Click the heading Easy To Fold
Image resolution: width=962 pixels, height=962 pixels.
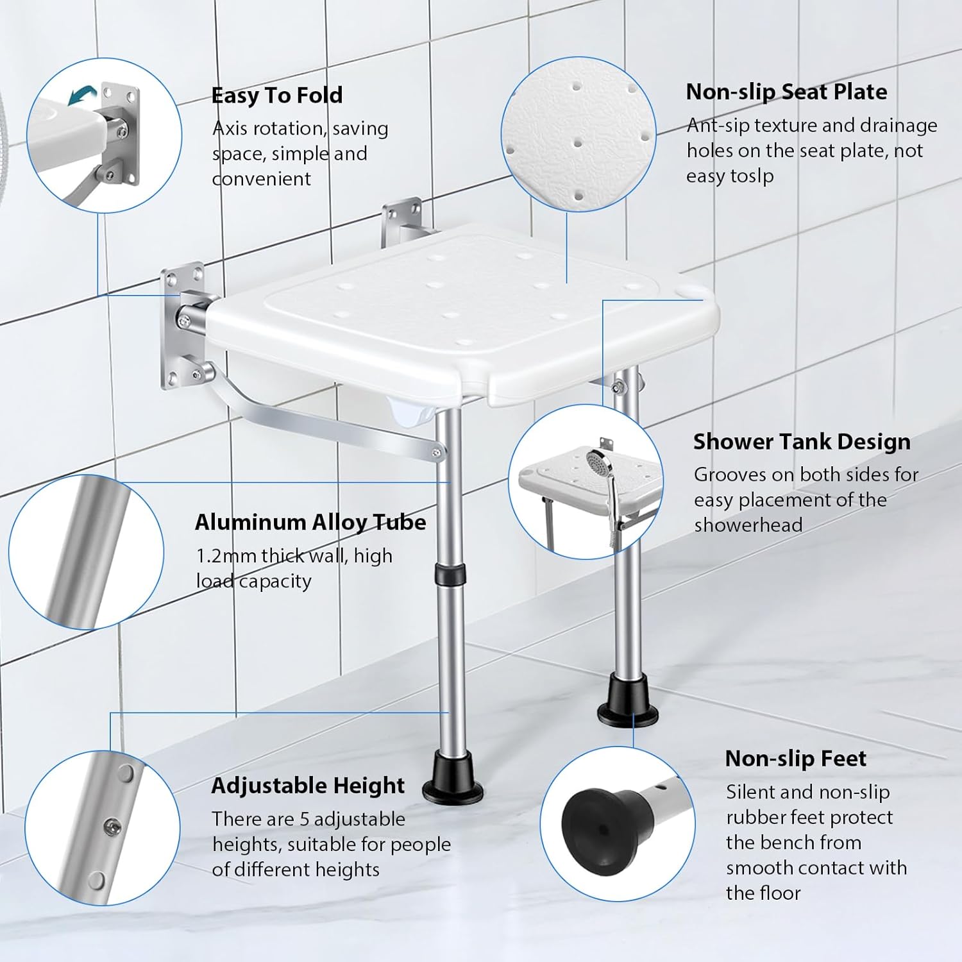277,96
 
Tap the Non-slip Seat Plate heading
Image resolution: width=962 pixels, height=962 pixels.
786,92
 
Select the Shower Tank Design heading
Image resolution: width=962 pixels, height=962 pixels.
802,442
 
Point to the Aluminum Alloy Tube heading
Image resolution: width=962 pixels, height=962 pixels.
310,522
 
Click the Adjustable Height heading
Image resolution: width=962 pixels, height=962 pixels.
308,786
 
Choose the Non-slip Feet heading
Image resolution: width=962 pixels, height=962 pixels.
795,759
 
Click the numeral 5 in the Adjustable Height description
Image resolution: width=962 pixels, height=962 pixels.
305,819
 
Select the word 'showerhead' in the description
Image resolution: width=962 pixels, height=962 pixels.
748,525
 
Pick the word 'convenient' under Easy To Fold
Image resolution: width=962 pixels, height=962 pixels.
262,179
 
